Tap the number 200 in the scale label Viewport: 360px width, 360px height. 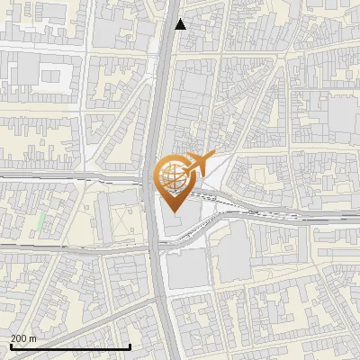coord(20,338)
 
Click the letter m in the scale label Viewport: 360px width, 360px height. coord(33,338)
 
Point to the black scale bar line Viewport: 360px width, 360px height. coord(70,346)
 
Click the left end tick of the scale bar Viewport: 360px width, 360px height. coord(10,345)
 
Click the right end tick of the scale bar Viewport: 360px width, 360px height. coord(130,345)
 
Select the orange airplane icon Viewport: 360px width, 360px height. coord(197,166)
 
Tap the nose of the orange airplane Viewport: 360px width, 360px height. coord(211,157)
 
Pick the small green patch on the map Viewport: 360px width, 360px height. coord(40,220)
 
